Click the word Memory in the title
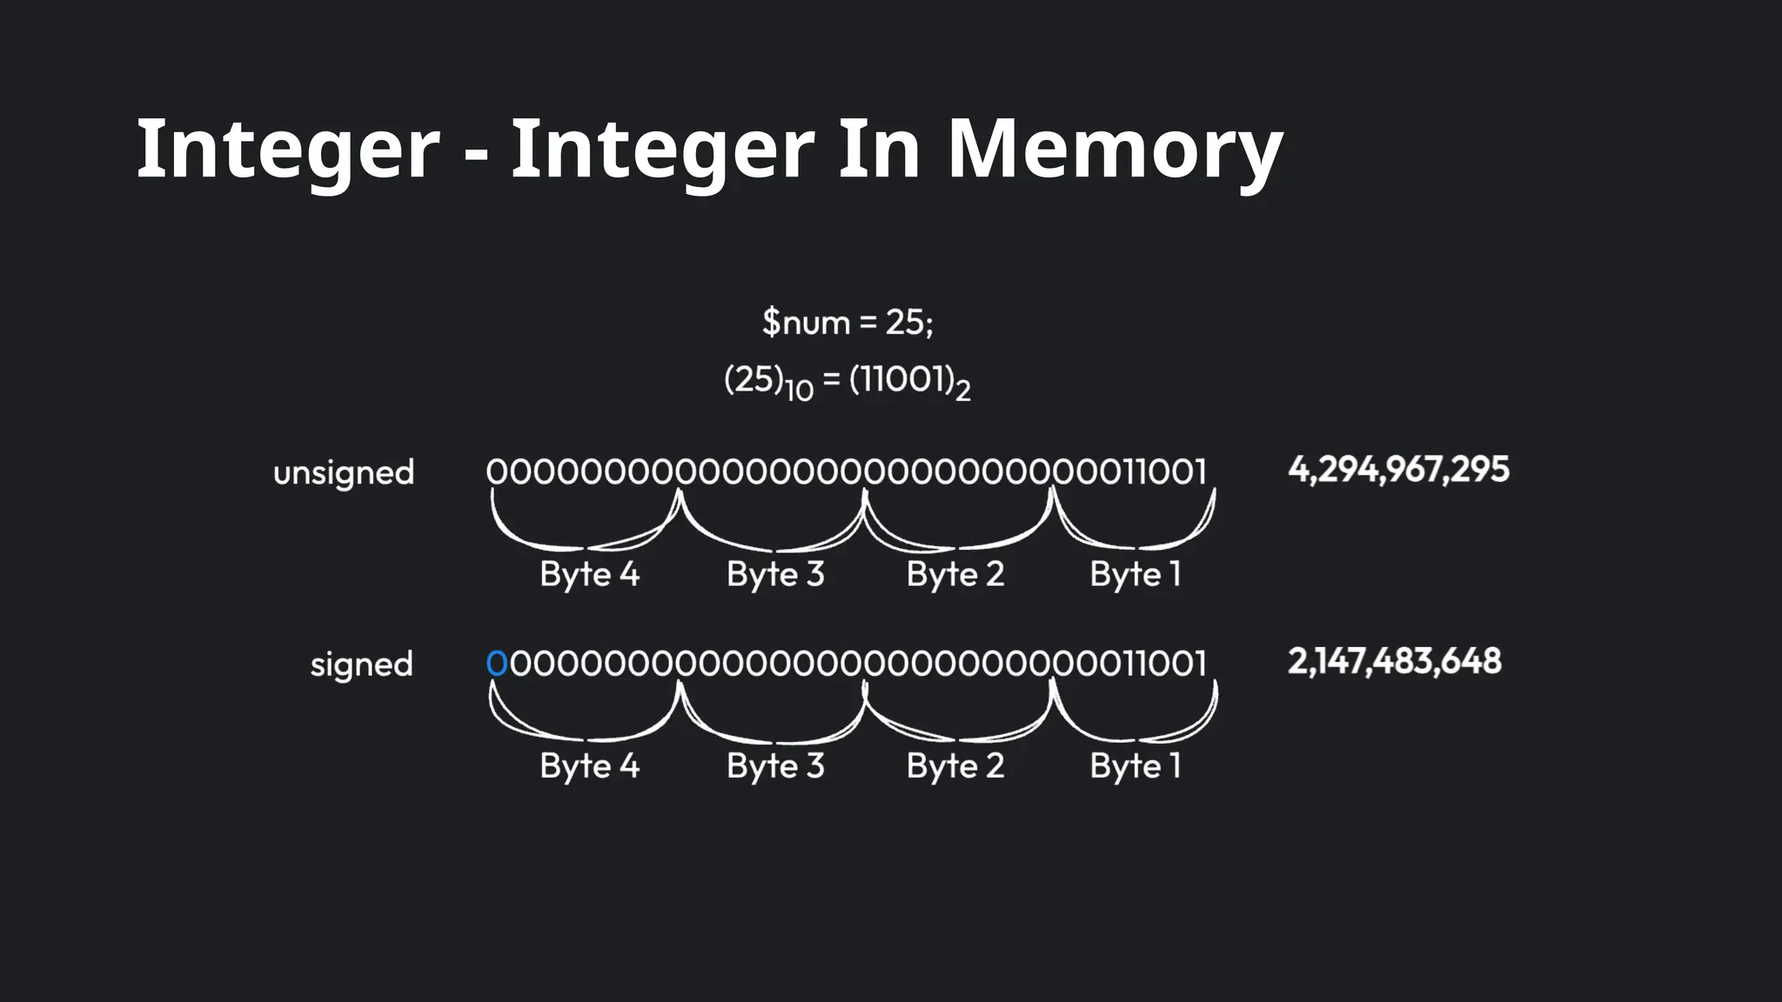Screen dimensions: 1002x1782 click(x=1114, y=150)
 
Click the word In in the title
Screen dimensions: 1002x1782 click(x=879, y=150)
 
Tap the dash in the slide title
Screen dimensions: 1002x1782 click(x=475, y=155)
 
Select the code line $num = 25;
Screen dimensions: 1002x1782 click(x=847, y=323)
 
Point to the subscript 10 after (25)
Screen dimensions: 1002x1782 click(x=799, y=390)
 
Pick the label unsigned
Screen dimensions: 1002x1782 click(x=344, y=473)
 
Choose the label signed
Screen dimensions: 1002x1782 click(x=361, y=665)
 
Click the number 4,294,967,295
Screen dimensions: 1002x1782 click(x=1398, y=470)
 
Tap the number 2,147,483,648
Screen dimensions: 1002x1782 click(x=1394, y=661)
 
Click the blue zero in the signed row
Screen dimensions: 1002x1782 click(x=496, y=664)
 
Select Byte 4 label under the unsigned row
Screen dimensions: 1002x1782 click(x=589, y=574)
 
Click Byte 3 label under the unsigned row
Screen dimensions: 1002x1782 click(x=775, y=574)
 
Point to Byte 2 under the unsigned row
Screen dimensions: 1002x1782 click(x=955, y=574)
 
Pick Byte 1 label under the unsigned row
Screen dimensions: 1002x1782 click(x=1136, y=574)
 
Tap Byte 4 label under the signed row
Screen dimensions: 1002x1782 click(x=589, y=766)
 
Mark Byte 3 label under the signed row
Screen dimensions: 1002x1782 click(x=775, y=766)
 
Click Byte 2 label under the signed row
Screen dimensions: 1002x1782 click(x=955, y=766)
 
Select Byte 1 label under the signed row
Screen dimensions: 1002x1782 click(x=1136, y=766)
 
